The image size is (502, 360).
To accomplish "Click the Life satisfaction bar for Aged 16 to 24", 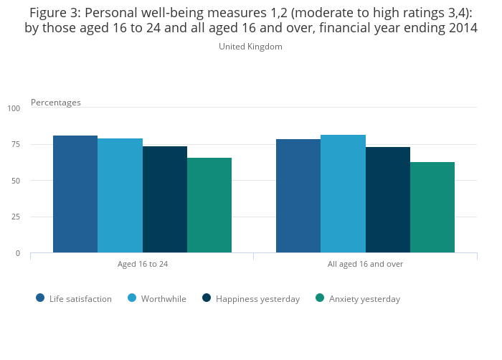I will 75,194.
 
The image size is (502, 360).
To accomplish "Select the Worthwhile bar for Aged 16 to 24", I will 120,195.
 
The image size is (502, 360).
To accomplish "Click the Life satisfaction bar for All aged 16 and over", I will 298,196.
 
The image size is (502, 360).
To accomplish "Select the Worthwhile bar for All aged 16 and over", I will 343,194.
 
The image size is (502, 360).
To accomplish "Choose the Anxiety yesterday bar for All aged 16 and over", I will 432,207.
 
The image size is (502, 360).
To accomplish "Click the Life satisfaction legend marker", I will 40,298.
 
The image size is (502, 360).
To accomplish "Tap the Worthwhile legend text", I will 164,299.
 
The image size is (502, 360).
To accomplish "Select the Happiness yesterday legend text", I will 257,299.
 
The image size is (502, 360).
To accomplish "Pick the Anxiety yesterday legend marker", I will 320,298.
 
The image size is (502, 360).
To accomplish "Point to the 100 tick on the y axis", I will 14,108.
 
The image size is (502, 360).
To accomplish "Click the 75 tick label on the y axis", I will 16,144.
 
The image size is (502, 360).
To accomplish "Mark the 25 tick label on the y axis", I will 16,217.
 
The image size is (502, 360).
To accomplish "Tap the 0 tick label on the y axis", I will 18,253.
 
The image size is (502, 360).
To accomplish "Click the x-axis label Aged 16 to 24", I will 143,264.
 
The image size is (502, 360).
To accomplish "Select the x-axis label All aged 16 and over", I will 365,264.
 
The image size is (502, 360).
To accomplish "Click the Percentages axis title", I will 56,103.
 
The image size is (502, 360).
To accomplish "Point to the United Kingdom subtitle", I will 250,47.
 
